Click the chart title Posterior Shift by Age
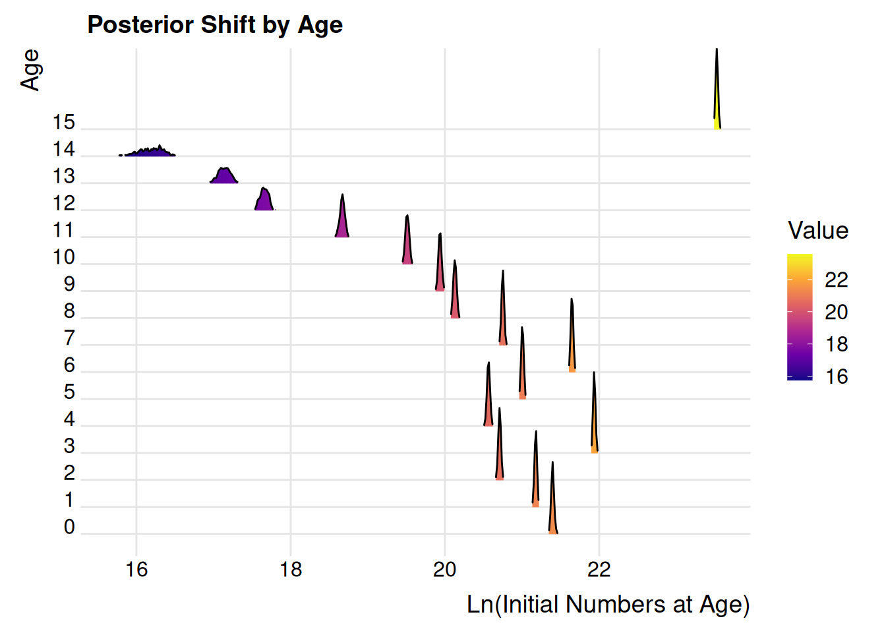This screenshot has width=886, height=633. click(215, 25)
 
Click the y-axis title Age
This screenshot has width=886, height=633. click(30, 70)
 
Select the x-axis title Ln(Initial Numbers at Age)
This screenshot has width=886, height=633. click(608, 604)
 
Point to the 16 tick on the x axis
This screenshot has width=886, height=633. click(136, 568)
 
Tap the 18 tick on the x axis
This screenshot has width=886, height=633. click(291, 568)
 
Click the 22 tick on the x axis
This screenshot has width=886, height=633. click(599, 568)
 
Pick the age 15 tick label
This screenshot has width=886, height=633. click(64, 123)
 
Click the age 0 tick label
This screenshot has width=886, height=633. click(69, 527)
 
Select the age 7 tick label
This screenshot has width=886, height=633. click(69, 338)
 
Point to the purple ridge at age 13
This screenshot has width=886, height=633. click(224, 176)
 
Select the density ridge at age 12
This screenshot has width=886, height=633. click(264, 200)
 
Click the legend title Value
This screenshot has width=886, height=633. click(817, 231)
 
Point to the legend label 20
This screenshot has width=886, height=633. click(836, 312)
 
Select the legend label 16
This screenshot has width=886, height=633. click(836, 377)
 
